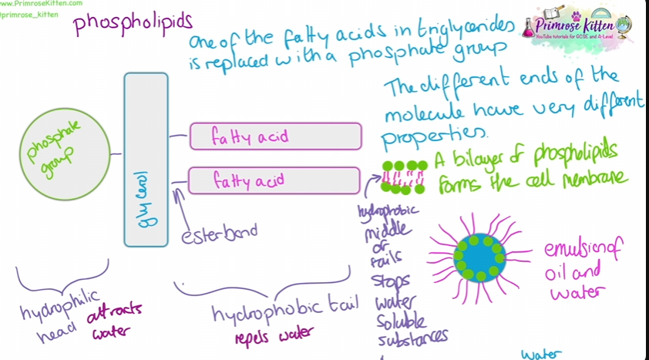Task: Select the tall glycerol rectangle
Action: point(146,160)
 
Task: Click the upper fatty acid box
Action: point(275,136)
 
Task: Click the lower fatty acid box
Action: point(275,180)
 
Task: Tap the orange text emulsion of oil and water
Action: point(583,271)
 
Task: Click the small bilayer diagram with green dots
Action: point(404,177)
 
